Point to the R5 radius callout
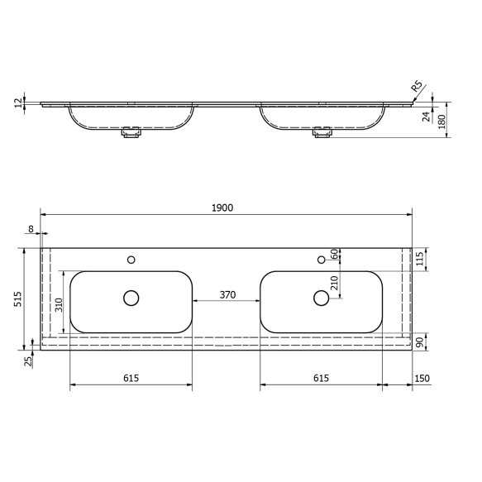coord(417,84)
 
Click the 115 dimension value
coord(420,259)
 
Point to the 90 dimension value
coord(420,342)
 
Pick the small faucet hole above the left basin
coord(131,260)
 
